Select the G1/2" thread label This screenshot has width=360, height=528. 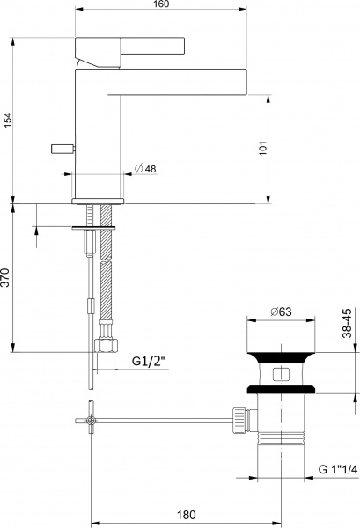(x=148, y=361)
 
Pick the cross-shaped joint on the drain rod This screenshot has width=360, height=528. (x=92, y=422)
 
